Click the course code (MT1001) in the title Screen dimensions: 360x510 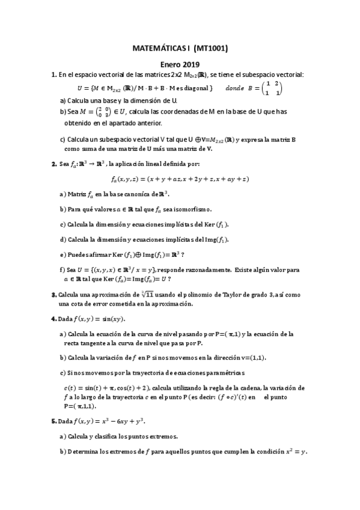209,49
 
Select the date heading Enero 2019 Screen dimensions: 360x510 180,64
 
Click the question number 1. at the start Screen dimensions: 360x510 53,75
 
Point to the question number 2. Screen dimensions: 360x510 53,163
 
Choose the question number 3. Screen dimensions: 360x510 53,294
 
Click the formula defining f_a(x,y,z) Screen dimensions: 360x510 180,179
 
